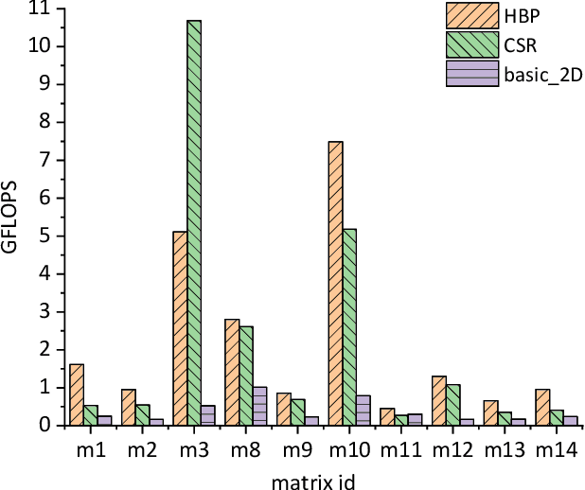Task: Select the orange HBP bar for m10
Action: (335, 283)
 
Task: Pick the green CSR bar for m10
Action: (349, 327)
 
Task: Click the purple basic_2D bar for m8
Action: (259, 406)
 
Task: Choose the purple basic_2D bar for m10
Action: (363, 411)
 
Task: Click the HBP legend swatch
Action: (471, 16)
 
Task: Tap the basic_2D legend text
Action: (539, 73)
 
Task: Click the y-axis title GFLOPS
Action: (12, 218)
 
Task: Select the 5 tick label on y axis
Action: (49, 236)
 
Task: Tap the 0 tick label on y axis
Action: (49, 426)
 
